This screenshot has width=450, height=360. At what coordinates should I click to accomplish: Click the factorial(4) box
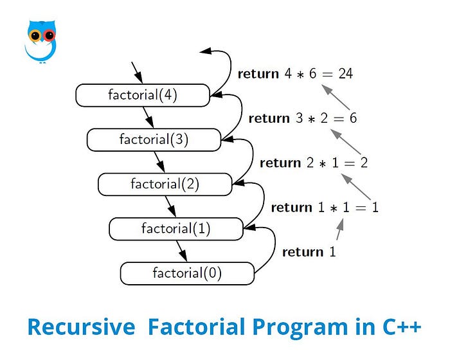click(x=143, y=96)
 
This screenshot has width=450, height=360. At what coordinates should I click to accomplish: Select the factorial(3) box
click(x=154, y=139)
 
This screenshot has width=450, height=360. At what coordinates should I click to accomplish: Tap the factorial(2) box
click(x=165, y=184)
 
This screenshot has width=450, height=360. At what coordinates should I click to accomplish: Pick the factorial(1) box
click(x=176, y=228)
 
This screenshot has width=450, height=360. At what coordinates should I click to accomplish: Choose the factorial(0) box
click(x=187, y=273)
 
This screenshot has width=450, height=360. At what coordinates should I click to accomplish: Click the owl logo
click(x=41, y=40)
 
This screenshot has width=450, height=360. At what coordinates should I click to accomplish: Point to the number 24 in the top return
click(x=345, y=74)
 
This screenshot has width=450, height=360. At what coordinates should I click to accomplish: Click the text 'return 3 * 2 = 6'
click(x=302, y=118)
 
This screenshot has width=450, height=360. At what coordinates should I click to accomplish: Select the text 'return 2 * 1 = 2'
click(x=314, y=163)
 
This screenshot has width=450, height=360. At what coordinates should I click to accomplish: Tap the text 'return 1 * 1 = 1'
click(x=325, y=207)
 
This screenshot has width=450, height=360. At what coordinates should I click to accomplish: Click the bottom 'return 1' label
click(x=309, y=252)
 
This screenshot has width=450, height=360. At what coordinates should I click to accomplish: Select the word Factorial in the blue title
click(x=195, y=327)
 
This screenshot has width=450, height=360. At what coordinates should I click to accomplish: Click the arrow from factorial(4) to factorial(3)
click(x=148, y=118)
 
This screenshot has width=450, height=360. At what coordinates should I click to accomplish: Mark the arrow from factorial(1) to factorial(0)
click(x=182, y=251)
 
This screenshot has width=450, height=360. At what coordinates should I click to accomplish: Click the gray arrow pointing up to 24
click(x=337, y=98)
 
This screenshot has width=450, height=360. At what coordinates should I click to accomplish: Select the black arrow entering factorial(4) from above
click(x=137, y=72)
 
